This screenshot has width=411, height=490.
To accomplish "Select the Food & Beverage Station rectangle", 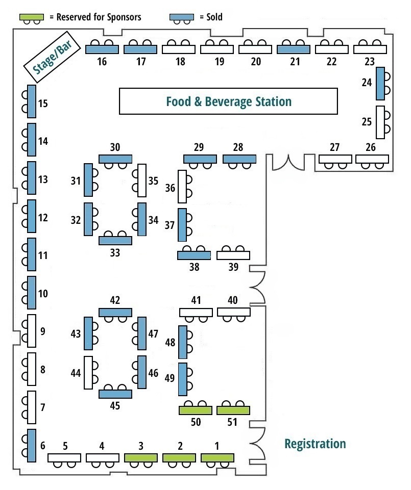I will tap(228, 101).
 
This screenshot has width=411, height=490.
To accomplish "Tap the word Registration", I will tap(315, 444).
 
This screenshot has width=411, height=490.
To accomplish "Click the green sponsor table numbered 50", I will tap(195, 410).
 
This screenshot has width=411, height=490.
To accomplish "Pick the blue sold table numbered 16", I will tap(102, 49).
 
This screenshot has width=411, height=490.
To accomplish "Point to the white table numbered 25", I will tap(380, 122).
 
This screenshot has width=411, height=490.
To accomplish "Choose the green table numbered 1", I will tap(217, 457).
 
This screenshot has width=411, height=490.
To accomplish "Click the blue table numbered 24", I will tap(380, 84).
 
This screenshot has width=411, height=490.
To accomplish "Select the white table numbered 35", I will tap(142, 180).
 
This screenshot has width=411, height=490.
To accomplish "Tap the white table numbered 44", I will tap(88, 372).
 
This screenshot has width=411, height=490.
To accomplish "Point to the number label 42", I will tap(115, 300).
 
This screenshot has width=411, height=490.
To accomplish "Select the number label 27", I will tap(334, 148).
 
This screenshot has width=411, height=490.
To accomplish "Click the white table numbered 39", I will tap(233, 255).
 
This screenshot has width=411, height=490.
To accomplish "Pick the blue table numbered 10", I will tap(32, 292).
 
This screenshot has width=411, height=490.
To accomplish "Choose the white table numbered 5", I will tap(64, 457).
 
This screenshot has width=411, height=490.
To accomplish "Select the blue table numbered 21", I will tap(294, 49).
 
